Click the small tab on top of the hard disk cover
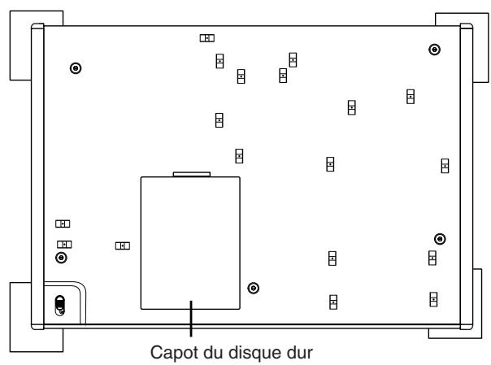[192, 172]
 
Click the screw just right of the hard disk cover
[254, 288]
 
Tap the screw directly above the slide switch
[61, 259]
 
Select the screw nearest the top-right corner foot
[435, 50]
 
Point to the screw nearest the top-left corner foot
[76, 69]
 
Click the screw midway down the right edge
[440, 238]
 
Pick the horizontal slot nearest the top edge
[207, 37]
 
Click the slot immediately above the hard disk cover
[239, 155]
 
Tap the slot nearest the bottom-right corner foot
[434, 298]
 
